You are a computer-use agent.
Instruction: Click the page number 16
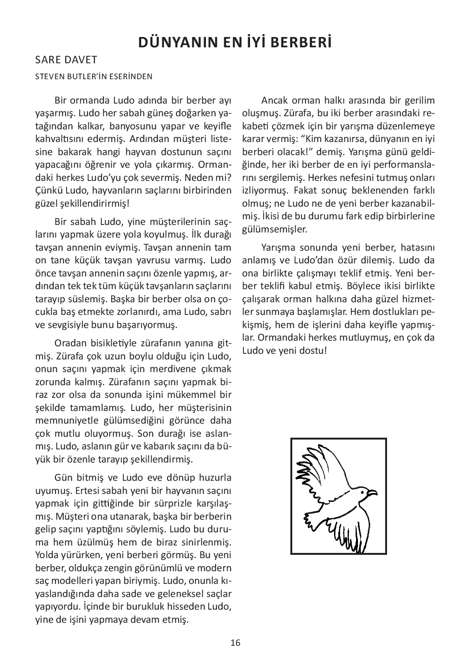coord(235,642)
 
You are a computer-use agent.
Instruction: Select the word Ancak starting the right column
coord(274,100)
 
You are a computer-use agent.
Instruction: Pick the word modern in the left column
coord(216,568)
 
